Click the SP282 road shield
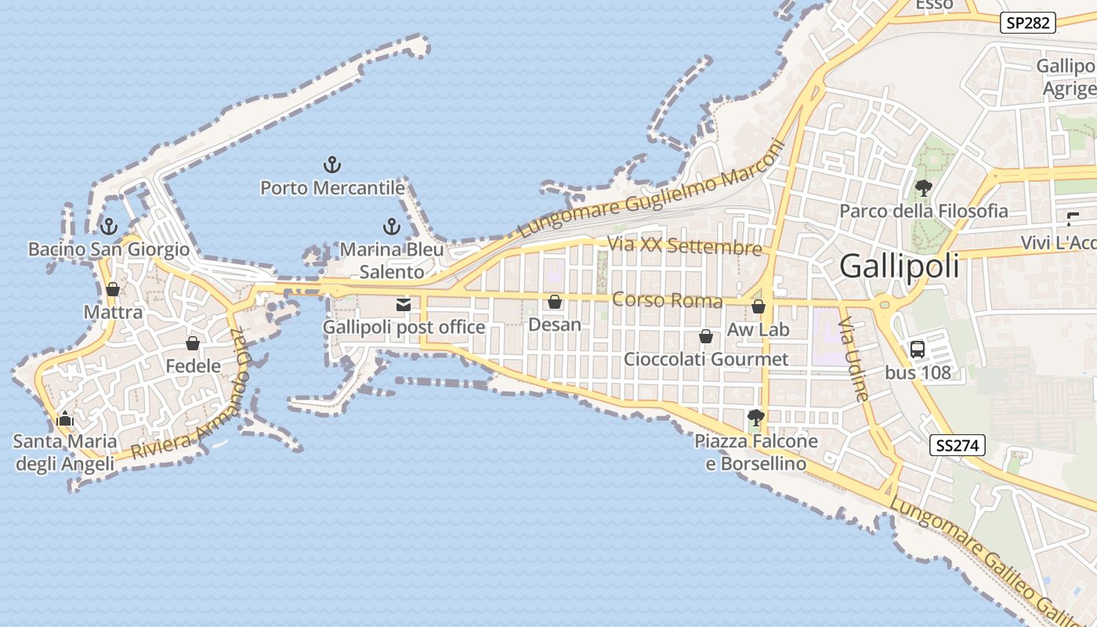point(1027,23)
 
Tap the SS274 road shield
point(957,446)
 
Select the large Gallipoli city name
point(899,266)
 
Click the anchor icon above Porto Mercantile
point(332,165)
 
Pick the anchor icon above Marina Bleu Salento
point(391,227)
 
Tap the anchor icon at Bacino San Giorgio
point(108,227)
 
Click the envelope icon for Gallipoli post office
point(404,305)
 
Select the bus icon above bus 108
point(918,350)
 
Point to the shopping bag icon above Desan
point(555,302)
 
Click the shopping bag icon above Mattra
point(113,289)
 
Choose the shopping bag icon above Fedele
point(193,343)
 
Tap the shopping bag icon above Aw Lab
point(758,306)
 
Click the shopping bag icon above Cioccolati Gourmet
point(705,336)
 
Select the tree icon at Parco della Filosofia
point(924,188)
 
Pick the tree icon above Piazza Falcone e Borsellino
point(756,418)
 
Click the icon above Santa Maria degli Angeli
point(65,419)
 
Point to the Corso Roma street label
point(656,300)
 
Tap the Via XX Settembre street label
point(684,247)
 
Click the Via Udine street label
point(854,359)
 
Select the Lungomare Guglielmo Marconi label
point(650,189)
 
